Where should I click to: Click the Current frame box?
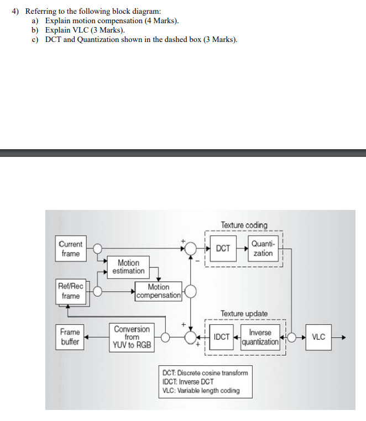(70, 249)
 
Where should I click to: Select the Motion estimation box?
(128, 267)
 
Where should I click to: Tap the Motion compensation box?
(158, 291)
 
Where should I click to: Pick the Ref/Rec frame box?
(70, 291)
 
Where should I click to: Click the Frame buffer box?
(70, 336)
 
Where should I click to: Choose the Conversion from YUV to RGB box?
(132, 337)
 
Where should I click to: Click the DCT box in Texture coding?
(223, 249)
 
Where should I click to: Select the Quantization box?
(263, 249)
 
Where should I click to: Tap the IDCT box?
(222, 336)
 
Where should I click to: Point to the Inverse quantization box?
(260, 337)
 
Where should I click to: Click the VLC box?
(318, 336)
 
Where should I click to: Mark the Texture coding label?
(244, 225)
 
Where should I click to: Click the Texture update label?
(244, 313)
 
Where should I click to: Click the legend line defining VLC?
(201, 391)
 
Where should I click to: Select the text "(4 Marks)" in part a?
(161, 20)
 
